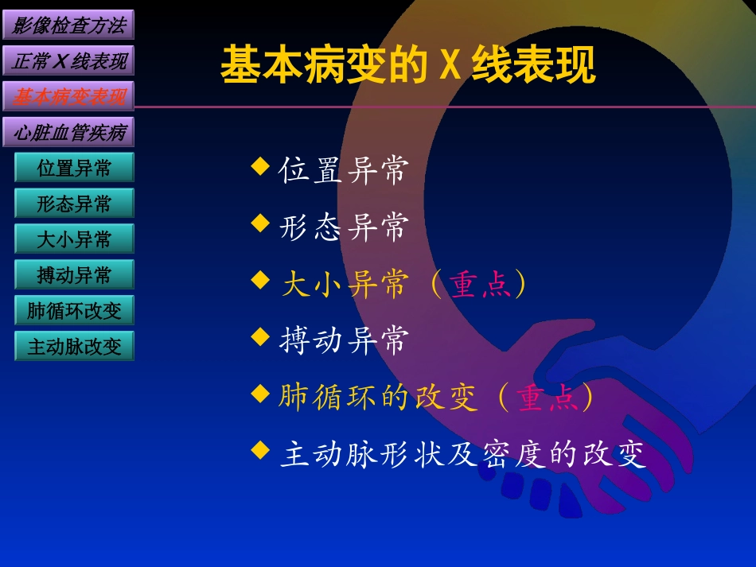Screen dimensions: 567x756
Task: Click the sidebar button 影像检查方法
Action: coord(68,25)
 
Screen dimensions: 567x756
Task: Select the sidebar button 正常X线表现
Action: coord(68,61)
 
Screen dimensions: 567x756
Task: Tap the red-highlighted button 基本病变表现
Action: coord(68,97)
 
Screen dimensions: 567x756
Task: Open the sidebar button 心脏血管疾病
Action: coord(68,133)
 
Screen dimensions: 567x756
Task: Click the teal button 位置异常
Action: coord(74,169)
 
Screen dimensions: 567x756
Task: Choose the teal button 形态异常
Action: coord(74,204)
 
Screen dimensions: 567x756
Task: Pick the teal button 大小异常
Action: coord(74,239)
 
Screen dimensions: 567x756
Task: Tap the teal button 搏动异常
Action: coord(74,275)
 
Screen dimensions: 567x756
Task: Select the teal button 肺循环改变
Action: coord(74,311)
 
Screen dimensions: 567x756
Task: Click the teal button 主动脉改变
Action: coord(74,347)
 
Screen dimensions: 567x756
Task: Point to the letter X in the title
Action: coord(450,66)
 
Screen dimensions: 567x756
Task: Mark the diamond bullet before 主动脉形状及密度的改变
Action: coord(260,450)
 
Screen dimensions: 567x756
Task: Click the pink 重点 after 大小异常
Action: coord(483,284)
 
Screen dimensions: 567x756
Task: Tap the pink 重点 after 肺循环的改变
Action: coord(549,398)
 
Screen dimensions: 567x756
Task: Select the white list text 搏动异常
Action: coord(344,340)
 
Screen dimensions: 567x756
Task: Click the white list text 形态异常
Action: coord(344,227)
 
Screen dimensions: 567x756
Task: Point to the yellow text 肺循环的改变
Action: coord(378,398)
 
